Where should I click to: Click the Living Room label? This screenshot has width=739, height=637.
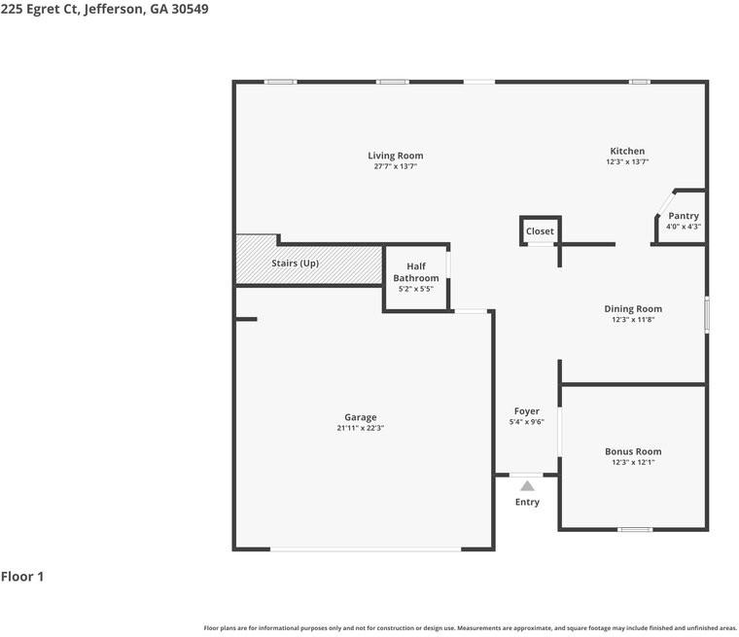(395, 156)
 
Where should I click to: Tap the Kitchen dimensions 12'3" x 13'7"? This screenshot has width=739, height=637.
(627, 162)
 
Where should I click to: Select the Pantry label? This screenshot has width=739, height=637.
(683, 216)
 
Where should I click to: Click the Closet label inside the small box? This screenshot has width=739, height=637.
(540, 231)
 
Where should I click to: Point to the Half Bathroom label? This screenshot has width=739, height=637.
(415, 272)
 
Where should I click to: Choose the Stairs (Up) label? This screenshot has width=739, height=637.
(295, 264)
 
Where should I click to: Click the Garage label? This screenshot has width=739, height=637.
(360, 417)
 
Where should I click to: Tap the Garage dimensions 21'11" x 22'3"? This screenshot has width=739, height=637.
(360, 428)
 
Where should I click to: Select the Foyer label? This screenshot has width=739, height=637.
(526, 411)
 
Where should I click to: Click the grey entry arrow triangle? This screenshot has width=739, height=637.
(527, 485)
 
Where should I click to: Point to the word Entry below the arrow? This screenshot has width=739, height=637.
(527, 502)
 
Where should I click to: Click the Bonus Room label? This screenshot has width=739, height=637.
(633, 451)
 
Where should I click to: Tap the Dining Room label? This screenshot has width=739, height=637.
(633, 309)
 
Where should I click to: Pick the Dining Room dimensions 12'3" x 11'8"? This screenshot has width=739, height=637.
(633, 320)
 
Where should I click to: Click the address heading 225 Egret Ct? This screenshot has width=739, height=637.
(104, 9)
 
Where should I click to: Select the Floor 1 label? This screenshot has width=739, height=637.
(22, 577)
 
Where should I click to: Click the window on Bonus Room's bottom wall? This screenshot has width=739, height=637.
(635, 530)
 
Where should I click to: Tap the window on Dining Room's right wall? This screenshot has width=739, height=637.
(707, 315)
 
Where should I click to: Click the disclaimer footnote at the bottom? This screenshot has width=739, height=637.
(470, 628)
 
